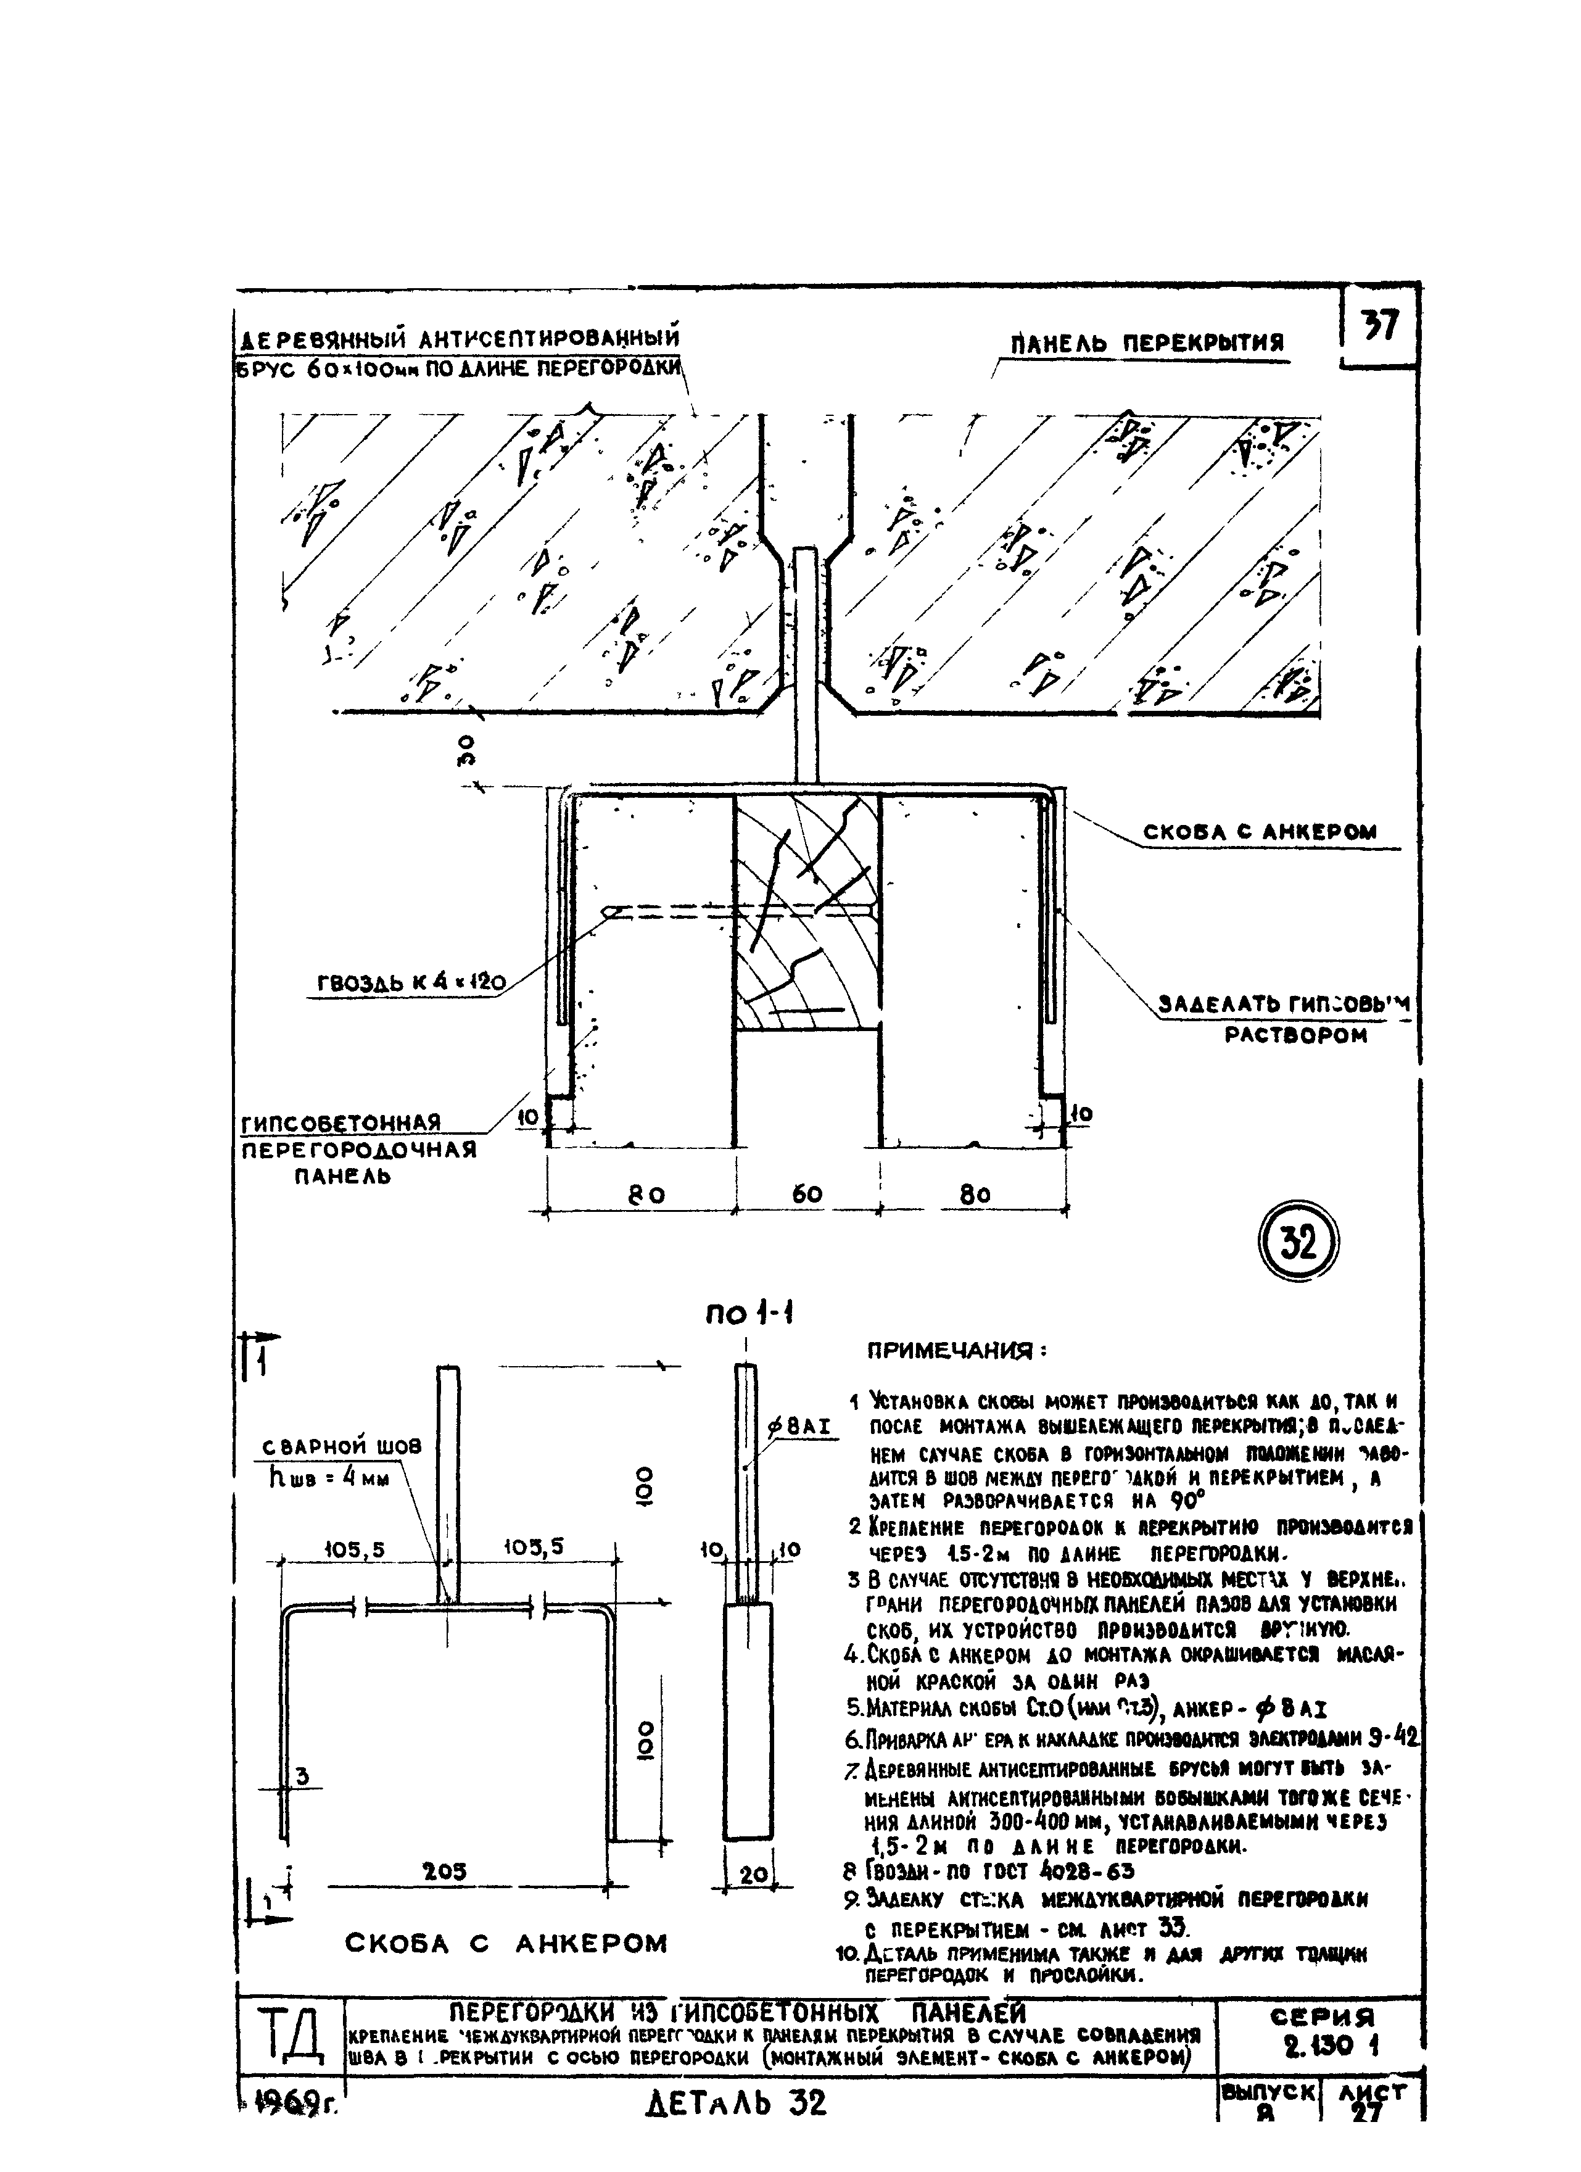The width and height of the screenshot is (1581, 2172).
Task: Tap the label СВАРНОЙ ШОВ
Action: pyautogui.click(x=342, y=1447)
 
